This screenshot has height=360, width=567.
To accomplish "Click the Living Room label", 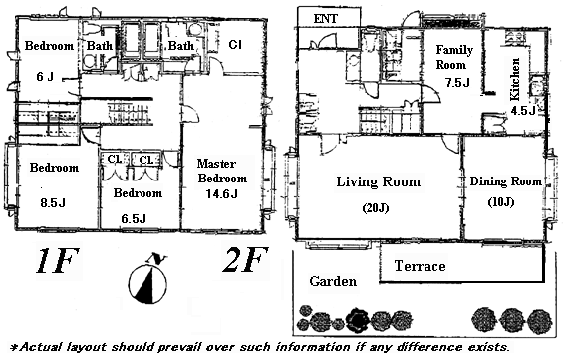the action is [379, 181].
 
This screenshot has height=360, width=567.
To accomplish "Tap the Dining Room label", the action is [505, 180].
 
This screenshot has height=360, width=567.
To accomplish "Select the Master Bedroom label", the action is [222, 171].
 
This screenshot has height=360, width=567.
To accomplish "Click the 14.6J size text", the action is [221, 194].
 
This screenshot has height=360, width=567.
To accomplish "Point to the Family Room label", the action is [454, 57].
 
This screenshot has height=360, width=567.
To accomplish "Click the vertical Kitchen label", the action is [514, 79].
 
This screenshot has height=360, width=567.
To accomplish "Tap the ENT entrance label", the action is [326, 19].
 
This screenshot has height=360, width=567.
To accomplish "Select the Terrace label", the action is [420, 266].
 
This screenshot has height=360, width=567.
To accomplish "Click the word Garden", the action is [333, 281].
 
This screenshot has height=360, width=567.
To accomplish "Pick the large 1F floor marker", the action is [57, 260].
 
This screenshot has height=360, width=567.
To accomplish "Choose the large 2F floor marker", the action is [245, 259].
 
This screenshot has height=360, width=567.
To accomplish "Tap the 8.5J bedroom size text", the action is [53, 203].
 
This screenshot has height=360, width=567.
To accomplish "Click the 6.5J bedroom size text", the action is [134, 219].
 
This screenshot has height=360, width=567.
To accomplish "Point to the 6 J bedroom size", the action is [45, 77].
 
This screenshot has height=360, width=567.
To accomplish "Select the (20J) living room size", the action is [375, 208].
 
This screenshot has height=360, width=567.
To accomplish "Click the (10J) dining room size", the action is [500, 202].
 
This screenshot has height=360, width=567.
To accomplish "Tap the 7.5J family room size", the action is [457, 83].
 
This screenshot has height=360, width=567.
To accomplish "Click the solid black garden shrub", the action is [358, 319].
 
